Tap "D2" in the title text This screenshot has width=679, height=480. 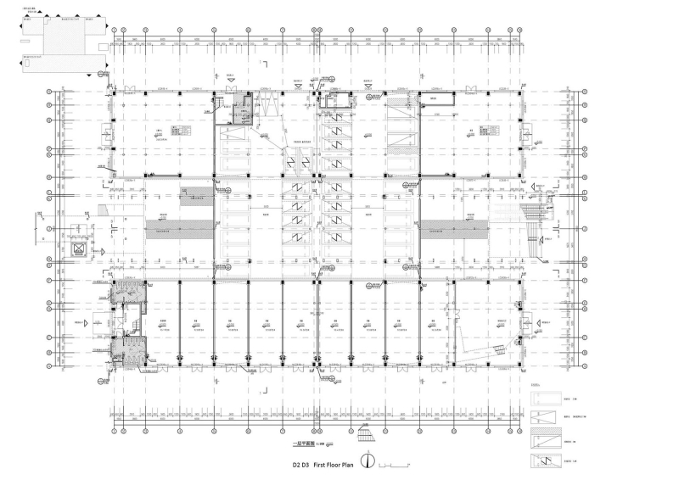tap(297, 465)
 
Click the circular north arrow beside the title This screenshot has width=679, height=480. tap(368, 462)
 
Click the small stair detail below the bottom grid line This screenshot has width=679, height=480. tap(366, 436)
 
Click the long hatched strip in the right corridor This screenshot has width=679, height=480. tap(454, 226)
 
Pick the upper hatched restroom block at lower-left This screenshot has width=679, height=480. tap(127, 294)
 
